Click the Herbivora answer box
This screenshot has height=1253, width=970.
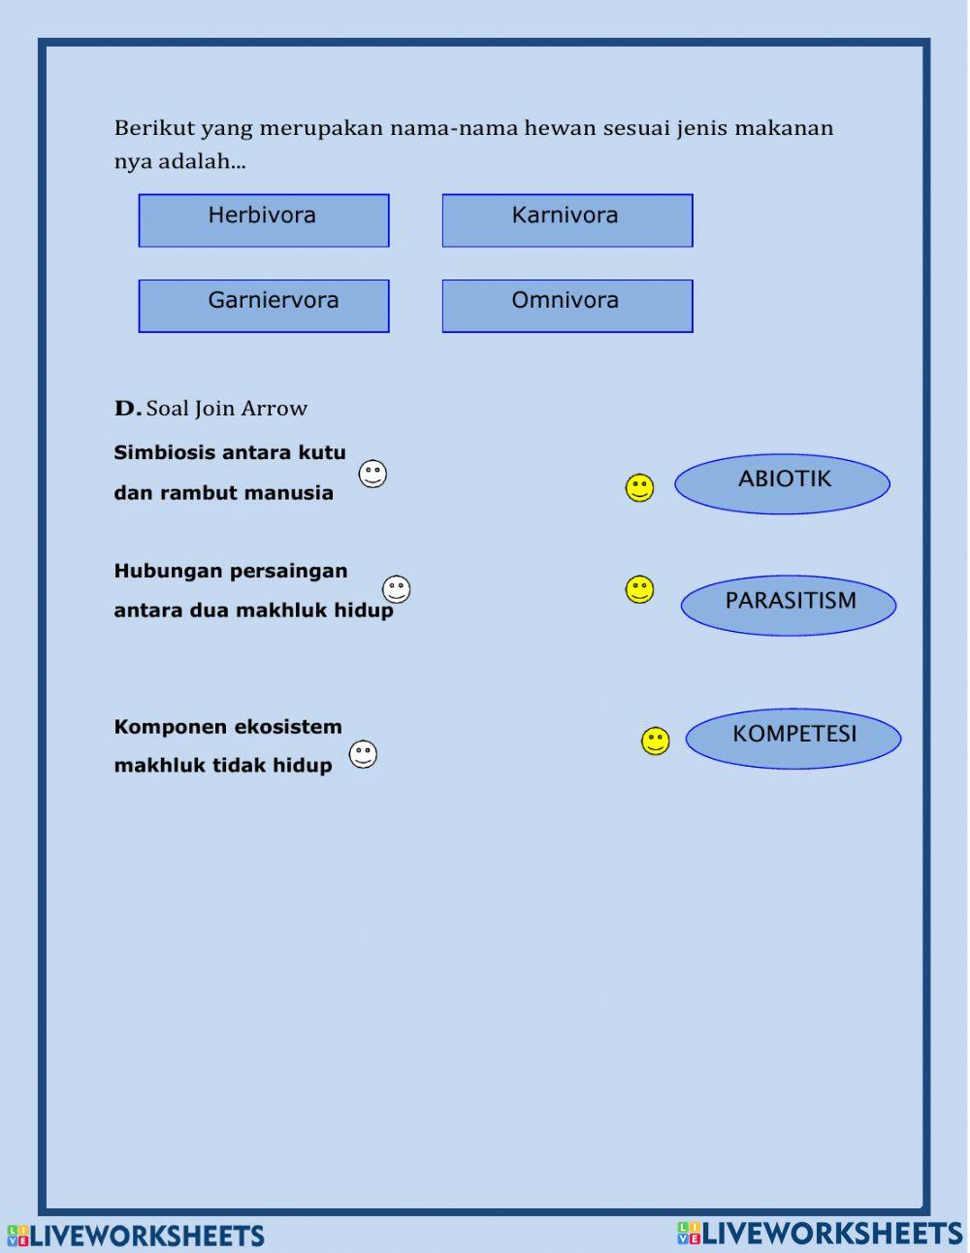[x=264, y=220]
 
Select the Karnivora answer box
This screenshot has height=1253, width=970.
[x=567, y=220]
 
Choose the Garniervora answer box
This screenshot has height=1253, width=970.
[x=264, y=306]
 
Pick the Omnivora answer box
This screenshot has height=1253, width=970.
[x=567, y=306]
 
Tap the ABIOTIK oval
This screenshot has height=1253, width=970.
[x=782, y=483]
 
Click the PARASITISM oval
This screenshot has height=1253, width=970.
[x=789, y=605]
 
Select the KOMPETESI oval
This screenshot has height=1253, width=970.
[x=793, y=738]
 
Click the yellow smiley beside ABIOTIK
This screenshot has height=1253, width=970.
[x=639, y=488]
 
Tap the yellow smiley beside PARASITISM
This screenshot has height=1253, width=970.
[x=639, y=589]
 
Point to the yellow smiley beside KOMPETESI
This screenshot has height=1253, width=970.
[x=656, y=742]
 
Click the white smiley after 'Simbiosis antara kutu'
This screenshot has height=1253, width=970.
[x=372, y=474]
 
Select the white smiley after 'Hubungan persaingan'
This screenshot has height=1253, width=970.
[x=396, y=589]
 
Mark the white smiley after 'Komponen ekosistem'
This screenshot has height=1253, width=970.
[x=363, y=754]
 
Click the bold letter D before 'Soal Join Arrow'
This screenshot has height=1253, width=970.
[x=127, y=409]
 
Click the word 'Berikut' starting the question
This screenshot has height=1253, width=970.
[x=154, y=128]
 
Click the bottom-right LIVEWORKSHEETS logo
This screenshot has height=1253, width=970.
[x=820, y=1233]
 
